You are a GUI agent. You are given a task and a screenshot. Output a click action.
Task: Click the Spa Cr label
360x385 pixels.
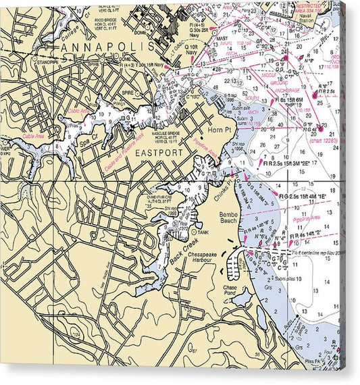88,143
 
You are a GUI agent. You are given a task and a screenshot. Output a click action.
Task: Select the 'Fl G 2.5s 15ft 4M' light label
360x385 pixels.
308,195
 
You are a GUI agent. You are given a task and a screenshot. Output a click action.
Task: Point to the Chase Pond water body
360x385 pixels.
241,299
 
